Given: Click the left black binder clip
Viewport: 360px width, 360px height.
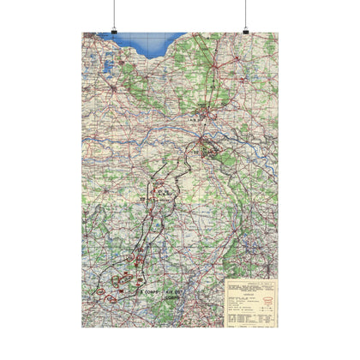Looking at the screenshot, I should point(114,32).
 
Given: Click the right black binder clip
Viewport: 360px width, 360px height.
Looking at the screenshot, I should point(245,32).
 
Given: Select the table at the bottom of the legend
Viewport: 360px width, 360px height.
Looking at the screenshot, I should point(249,316).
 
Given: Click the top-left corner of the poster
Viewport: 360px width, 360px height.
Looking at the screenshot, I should point(82,33).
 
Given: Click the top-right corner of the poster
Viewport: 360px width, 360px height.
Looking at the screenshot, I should point(278,33).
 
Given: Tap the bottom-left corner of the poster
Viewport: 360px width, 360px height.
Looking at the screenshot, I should point(82,327).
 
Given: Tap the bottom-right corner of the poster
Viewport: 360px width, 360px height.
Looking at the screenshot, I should point(278,327).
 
